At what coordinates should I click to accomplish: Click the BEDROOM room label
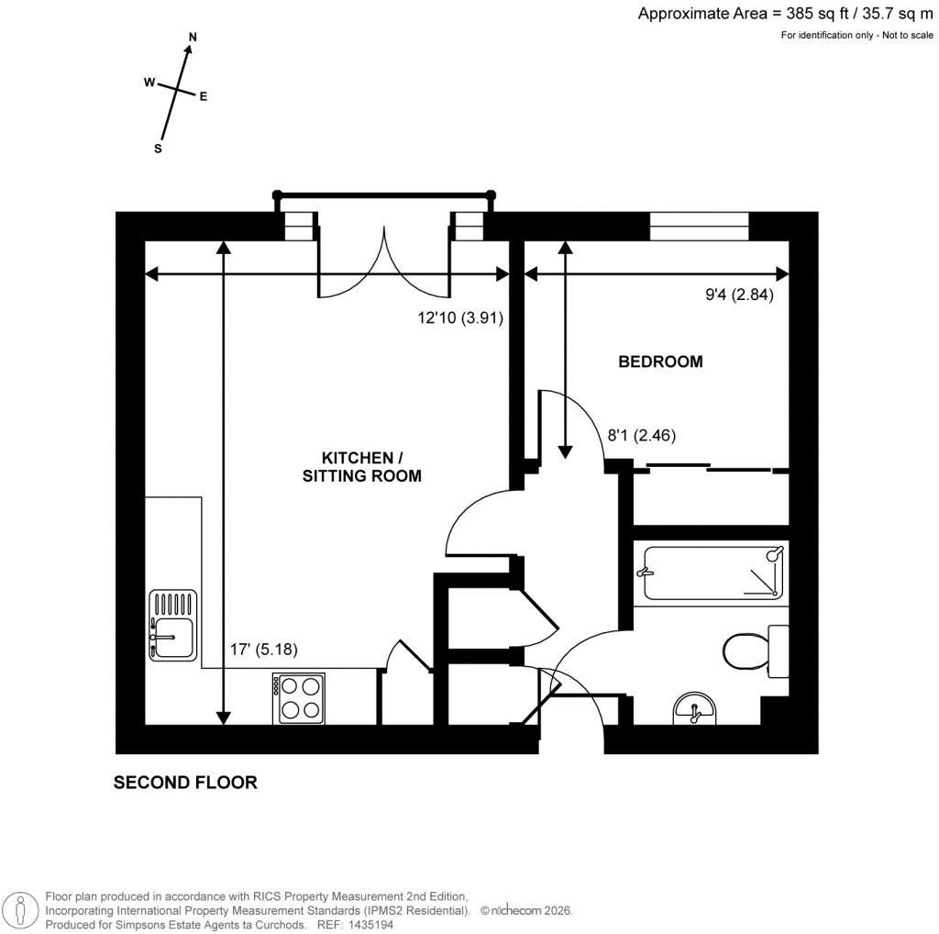click(660, 361)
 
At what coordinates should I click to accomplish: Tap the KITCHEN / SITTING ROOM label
click(361, 466)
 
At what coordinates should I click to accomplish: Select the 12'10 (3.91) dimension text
click(461, 317)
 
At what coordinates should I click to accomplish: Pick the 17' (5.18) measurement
click(263, 650)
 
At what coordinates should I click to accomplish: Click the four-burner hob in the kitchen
click(298, 697)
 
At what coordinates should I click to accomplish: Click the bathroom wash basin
click(696, 708)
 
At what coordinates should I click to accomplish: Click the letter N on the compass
click(193, 37)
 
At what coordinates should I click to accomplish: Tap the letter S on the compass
click(158, 149)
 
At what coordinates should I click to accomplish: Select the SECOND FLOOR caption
click(185, 783)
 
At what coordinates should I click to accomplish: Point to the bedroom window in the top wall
click(700, 226)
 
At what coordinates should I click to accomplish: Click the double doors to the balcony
click(383, 261)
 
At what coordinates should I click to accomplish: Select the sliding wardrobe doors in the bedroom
click(710, 468)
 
